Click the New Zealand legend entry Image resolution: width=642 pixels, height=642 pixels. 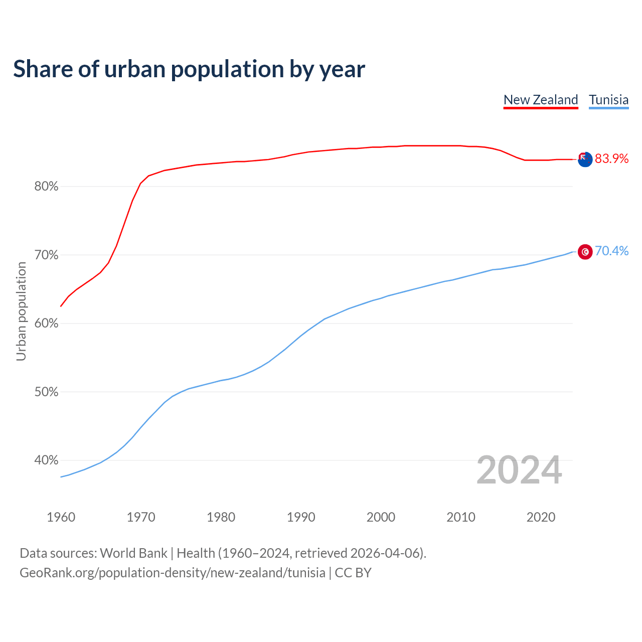[541, 100]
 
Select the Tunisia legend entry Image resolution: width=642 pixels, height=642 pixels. [608, 100]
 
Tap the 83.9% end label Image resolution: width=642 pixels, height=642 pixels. [611, 159]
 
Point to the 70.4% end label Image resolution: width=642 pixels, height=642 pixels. [611, 251]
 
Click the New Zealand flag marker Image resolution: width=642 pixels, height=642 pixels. [585, 159]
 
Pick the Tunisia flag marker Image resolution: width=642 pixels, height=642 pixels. [585, 251]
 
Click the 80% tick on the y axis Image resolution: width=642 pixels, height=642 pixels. [46, 187]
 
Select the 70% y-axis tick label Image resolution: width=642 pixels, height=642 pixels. [46, 255]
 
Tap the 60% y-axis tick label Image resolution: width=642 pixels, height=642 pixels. [46, 324]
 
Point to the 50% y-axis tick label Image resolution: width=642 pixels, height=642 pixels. [46, 392]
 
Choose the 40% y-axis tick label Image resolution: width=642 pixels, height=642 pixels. [46, 460]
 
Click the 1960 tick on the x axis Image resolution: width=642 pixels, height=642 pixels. [61, 517]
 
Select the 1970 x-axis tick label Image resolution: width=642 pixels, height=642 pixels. [141, 517]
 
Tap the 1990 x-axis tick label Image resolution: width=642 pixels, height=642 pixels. [301, 517]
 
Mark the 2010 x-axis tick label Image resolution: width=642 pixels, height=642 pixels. [461, 517]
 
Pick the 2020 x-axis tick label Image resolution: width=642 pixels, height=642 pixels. [541, 517]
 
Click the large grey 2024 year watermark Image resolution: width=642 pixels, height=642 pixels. [519, 470]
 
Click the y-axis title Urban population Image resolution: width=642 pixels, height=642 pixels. [21, 311]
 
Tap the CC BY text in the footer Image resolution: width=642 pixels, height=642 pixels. [353, 573]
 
